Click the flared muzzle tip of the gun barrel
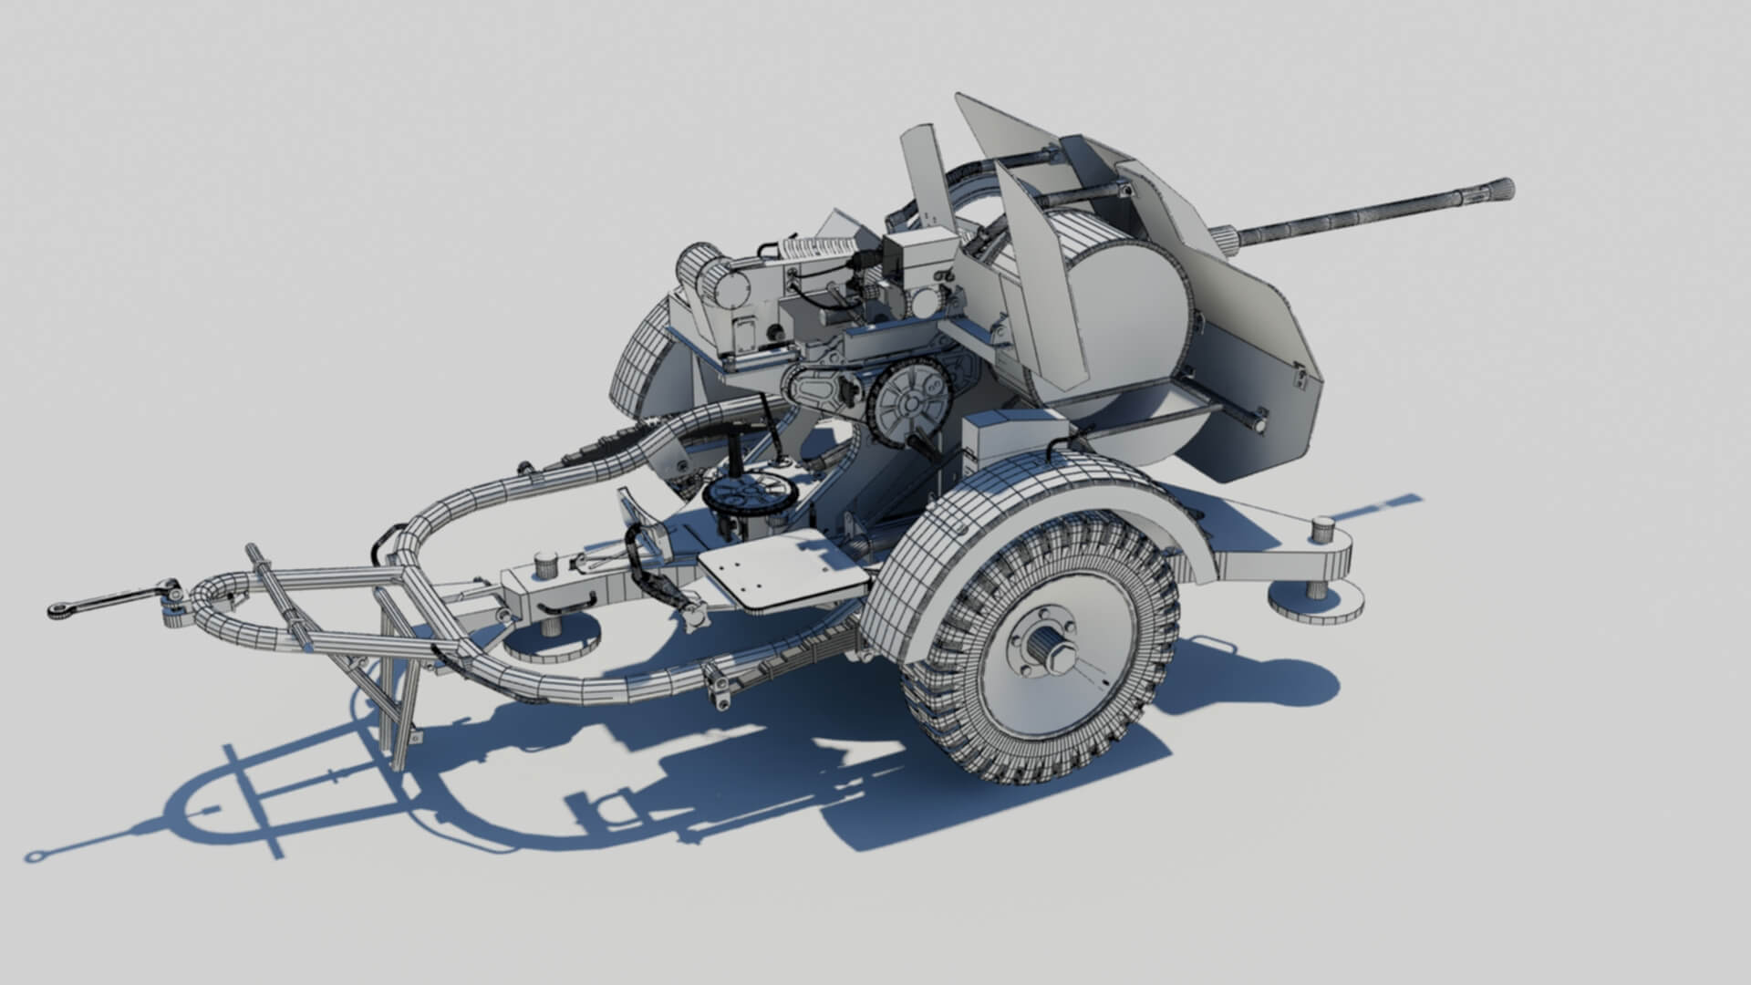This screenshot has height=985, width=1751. [x=1500, y=190]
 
